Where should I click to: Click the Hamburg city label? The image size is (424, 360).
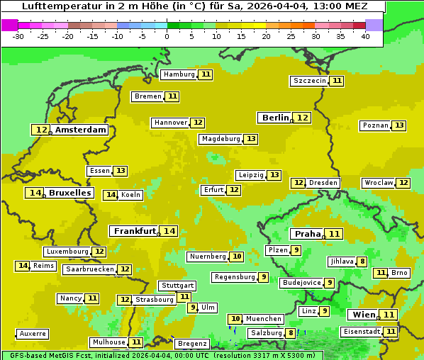click(179, 74)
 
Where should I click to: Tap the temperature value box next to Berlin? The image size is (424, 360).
click(302, 118)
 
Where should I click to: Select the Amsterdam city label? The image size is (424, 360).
click(81, 130)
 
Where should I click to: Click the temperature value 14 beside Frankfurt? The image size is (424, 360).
click(169, 231)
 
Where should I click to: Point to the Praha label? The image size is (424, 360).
click(308, 234)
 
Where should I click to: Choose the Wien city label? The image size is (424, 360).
click(363, 315)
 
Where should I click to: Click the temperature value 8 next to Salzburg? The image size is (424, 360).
click(291, 333)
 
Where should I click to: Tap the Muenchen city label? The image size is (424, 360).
click(264, 319)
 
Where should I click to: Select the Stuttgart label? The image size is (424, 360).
click(177, 286)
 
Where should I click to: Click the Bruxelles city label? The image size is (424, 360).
click(69, 193)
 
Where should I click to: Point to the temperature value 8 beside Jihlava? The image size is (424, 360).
click(362, 261)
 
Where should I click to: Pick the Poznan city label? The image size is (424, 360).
click(375, 125)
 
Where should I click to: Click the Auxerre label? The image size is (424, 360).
click(33, 334)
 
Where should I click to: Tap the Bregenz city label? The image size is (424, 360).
click(192, 344)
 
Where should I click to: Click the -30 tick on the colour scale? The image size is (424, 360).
click(19, 36)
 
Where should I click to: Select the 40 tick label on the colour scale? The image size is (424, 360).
click(364, 36)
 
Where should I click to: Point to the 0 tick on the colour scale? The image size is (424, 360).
click(167, 36)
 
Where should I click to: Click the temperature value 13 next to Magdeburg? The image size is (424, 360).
click(251, 139)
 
